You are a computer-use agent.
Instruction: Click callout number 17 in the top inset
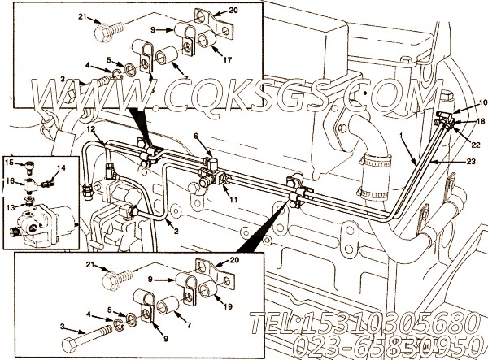tap(228, 59)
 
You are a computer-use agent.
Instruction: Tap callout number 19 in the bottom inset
tap(228, 306)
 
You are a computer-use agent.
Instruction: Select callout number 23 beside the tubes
tap(471, 162)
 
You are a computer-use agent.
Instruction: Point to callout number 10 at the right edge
tap(482, 102)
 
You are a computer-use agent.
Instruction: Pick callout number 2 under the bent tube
tap(196, 136)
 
